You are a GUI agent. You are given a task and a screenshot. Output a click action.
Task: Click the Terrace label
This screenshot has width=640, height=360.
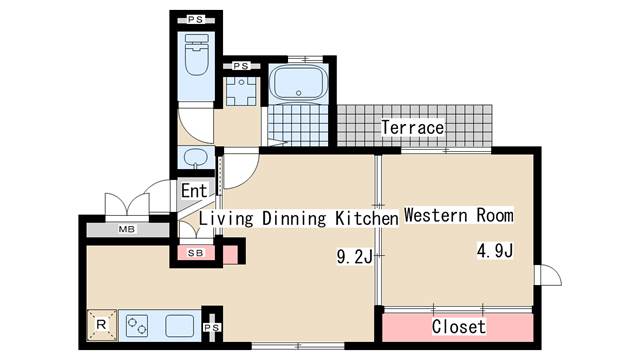click(413, 127)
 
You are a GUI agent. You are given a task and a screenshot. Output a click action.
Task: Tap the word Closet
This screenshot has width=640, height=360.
click(459, 327)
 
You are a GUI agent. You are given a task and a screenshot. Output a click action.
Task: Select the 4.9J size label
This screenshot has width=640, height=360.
click(495, 250)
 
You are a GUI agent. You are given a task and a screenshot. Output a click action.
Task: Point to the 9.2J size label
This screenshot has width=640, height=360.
click(355, 257)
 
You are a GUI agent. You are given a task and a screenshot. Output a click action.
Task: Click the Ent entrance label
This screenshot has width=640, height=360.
click(194, 191)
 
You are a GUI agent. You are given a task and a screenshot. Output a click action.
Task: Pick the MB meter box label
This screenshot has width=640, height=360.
click(127, 229)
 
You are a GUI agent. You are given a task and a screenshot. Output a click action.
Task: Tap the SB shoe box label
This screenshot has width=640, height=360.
click(196, 253)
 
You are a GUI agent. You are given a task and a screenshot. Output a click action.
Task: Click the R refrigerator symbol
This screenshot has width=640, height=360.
click(102, 325)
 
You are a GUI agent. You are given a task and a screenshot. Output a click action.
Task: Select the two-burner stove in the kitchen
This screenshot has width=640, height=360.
click(137, 325)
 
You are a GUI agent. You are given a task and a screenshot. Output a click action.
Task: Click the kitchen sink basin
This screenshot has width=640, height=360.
click(180, 326)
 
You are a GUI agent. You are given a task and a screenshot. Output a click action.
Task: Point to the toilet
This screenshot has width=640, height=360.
click(197, 55)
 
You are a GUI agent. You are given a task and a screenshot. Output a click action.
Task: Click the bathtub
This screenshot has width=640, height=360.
click(299, 83)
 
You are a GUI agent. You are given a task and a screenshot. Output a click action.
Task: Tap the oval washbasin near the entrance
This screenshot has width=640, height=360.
click(196, 156)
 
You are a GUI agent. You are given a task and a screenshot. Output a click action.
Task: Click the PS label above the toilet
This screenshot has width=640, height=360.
click(196, 19)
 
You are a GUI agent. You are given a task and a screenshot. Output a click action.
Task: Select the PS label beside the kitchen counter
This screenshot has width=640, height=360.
click(212, 327)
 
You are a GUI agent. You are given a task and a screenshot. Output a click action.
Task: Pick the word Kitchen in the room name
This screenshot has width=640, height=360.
click(367, 218)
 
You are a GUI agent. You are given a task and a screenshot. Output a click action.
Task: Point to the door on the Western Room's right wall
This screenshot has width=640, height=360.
click(548, 275)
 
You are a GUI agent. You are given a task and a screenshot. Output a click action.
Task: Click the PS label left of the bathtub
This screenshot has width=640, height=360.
click(241, 66)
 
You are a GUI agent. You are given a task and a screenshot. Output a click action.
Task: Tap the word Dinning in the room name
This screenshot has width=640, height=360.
click(294, 218)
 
